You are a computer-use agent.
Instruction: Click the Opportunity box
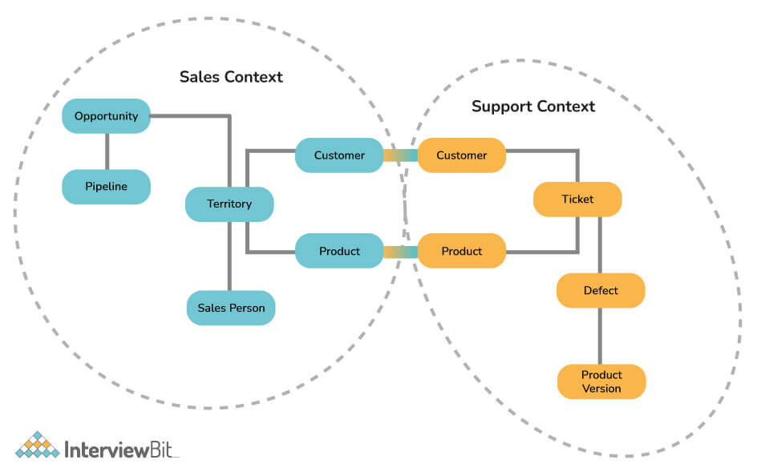(x=106, y=116)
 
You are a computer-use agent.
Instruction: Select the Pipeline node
(x=106, y=187)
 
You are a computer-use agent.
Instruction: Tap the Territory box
(x=229, y=204)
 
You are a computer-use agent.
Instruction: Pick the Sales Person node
(x=231, y=308)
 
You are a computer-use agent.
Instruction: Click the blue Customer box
(x=339, y=155)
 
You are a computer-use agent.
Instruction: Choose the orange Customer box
(x=462, y=155)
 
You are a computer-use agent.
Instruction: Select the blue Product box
(x=339, y=251)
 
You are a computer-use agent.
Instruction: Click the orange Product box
(x=462, y=251)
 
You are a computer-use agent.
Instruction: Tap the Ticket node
(x=577, y=199)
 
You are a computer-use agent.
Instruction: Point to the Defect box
(x=601, y=290)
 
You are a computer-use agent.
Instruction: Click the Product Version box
(x=601, y=381)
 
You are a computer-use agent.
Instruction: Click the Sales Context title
(x=231, y=77)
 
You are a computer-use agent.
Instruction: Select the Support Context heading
(x=533, y=106)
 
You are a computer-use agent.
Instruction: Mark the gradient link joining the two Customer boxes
(x=400, y=155)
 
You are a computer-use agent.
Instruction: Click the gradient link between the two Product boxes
(x=400, y=252)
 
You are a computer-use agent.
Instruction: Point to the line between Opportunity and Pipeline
(x=107, y=151)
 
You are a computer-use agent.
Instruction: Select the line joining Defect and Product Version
(x=601, y=336)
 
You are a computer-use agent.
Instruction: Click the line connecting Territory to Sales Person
(x=230, y=256)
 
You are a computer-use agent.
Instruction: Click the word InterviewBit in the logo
(x=121, y=446)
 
